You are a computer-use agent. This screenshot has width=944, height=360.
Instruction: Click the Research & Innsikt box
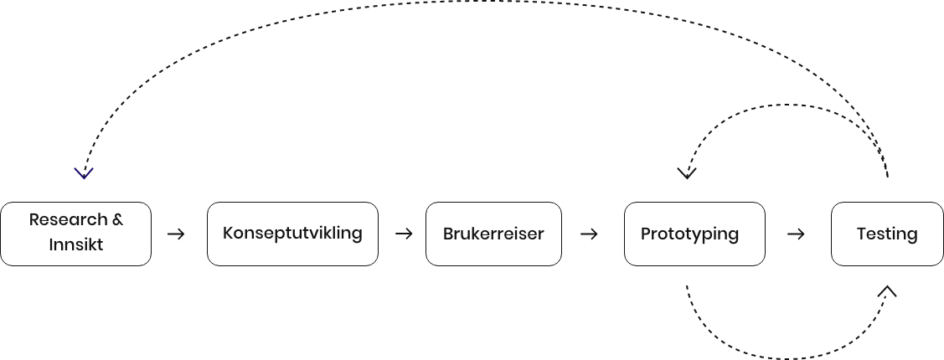click(75, 234)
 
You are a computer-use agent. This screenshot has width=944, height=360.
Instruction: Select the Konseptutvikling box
click(292, 234)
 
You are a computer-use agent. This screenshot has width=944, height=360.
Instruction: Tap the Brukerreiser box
click(493, 234)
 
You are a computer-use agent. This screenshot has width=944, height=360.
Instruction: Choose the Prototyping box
click(694, 234)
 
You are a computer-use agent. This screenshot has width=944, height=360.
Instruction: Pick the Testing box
click(887, 234)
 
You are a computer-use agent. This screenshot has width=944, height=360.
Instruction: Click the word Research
click(69, 220)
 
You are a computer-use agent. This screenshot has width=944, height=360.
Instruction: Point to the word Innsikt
click(75, 246)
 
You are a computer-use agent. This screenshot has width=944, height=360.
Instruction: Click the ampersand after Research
click(117, 220)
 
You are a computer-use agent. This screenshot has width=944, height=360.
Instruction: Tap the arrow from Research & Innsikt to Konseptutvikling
click(177, 234)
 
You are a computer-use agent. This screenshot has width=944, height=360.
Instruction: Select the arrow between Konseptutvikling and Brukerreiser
click(405, 234)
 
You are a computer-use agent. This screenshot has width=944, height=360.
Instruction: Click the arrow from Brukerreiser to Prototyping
click(590, 234)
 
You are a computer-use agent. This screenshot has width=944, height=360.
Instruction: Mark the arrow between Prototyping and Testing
click(797, 234)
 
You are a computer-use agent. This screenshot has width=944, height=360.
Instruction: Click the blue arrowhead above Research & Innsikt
click(83, 173)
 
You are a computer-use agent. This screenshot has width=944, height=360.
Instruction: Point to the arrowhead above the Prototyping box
click(687, 173)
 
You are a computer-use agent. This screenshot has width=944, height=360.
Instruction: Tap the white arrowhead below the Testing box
click(886, 291)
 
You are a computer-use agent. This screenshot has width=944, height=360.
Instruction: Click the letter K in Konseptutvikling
click(228, 233)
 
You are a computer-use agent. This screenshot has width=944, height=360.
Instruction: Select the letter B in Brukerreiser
click(448, 234)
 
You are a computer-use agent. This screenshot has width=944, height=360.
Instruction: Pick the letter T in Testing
click(861, 234)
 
